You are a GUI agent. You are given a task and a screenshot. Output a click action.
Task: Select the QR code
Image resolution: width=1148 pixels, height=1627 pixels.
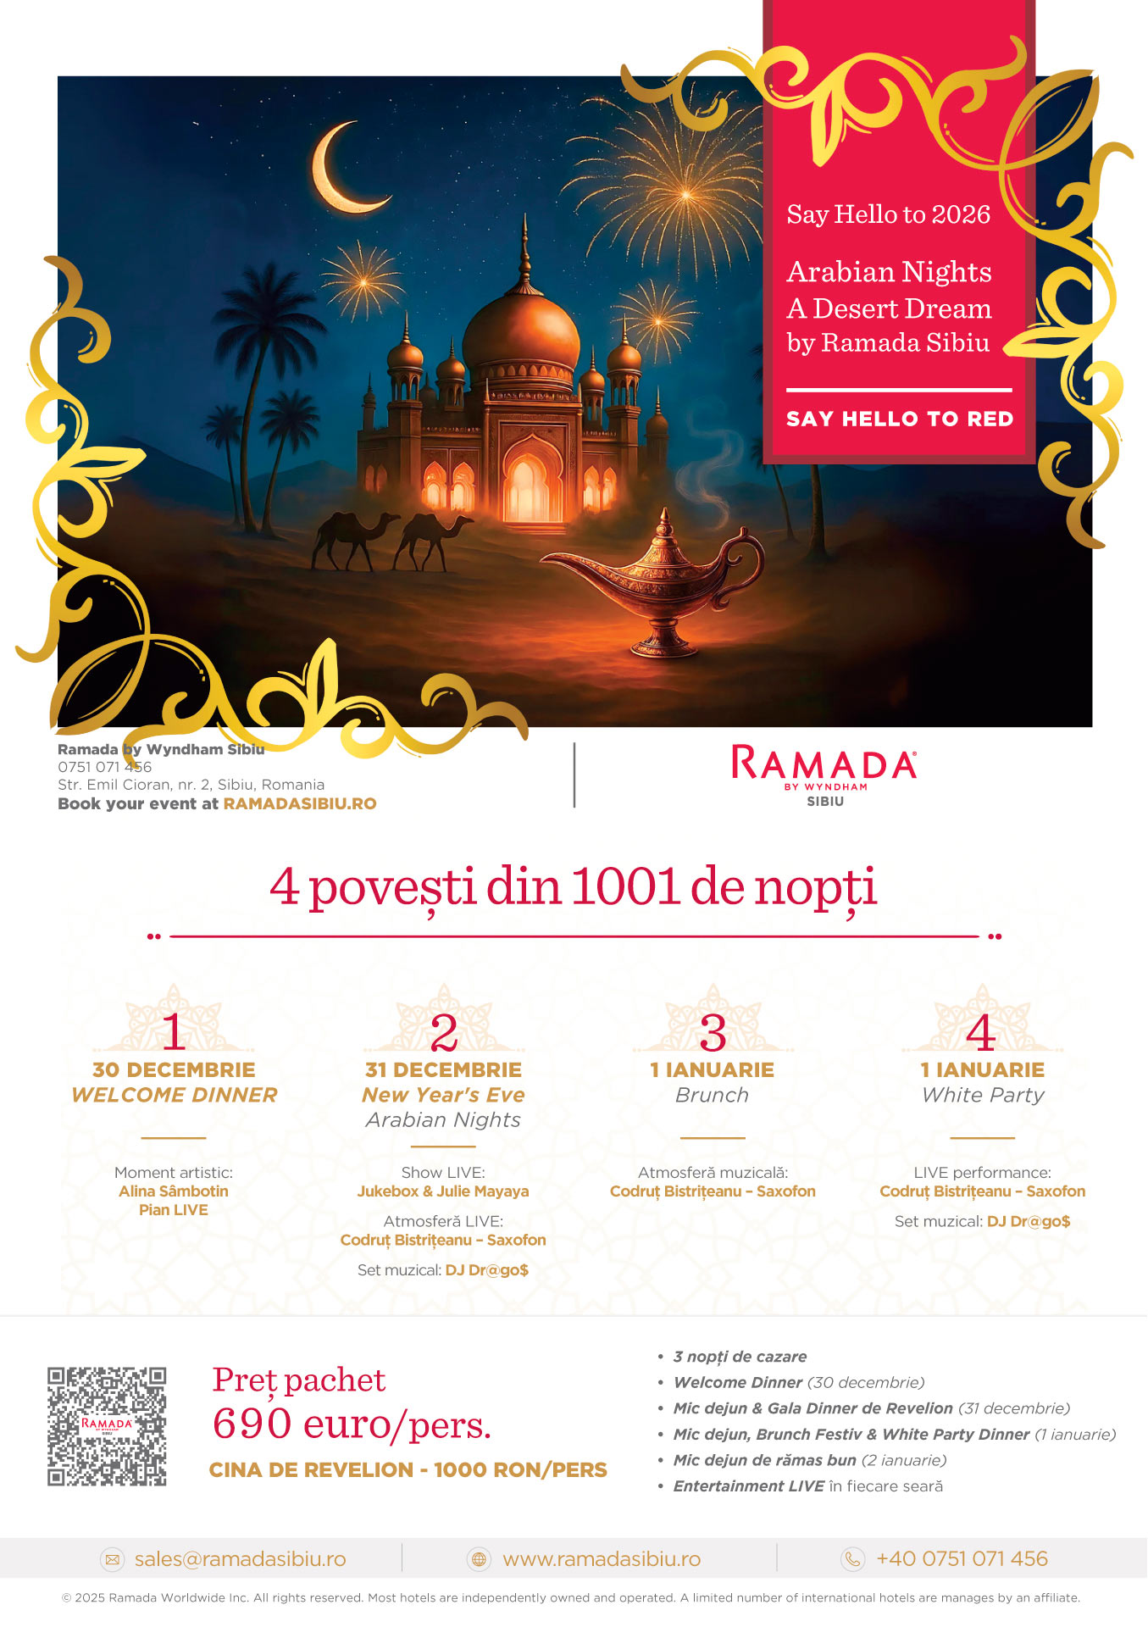107,1425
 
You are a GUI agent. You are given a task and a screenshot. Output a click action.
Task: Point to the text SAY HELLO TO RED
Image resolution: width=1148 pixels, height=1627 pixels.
899,419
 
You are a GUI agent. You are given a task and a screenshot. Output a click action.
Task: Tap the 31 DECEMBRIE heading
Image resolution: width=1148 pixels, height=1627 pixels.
443,1069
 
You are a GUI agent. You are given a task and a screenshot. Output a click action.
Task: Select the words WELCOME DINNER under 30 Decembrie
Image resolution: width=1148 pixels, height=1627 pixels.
175,1095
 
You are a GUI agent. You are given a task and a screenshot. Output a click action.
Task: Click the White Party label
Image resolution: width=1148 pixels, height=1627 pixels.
983,1095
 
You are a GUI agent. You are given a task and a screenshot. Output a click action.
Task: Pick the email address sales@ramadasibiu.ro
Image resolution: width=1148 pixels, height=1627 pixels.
240,1559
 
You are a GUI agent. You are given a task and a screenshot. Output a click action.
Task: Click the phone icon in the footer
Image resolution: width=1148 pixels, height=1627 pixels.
852,1559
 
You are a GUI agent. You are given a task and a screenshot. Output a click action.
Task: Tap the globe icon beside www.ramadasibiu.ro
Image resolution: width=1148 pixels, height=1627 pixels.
480,1559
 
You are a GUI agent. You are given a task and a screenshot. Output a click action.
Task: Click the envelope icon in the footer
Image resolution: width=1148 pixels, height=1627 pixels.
112,1559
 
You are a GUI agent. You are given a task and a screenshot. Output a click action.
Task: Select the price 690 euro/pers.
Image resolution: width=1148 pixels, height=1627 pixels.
352,1424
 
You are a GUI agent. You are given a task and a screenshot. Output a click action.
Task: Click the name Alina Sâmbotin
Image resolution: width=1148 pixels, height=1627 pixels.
174,1191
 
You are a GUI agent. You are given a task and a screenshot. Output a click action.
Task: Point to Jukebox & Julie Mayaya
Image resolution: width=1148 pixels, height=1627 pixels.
443,1191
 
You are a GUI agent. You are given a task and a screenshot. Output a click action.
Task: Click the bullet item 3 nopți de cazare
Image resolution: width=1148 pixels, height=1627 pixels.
740,1357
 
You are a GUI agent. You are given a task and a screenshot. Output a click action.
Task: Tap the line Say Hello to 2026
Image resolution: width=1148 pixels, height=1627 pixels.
888,214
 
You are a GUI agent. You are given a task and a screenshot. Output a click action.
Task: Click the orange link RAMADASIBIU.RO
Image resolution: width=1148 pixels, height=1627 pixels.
300,803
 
